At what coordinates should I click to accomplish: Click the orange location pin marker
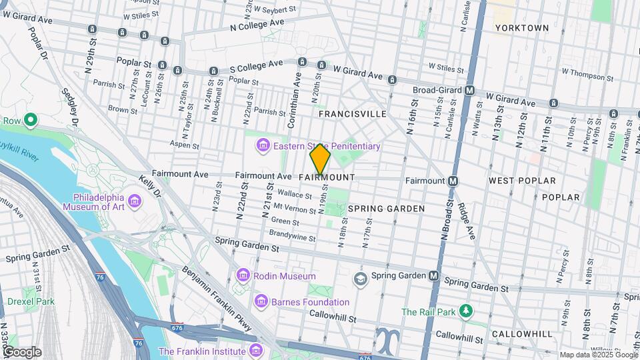click(320, 159)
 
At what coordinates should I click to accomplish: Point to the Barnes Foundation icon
click(262, 302)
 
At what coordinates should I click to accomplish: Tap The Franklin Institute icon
click(254, 351)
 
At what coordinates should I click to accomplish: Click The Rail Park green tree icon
click(467, 311)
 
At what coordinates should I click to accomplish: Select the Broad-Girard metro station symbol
click(470, 90)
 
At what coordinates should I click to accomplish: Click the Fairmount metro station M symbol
click(453, 181)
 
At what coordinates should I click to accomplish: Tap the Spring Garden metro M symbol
click(434, 276)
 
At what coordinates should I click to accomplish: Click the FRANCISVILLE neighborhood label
click(352, 114)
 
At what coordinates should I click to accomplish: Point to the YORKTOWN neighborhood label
click(522, 28)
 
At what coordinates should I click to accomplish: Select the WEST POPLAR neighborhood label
click(522, 181)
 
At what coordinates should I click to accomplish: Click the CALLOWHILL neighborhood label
click(522, 333)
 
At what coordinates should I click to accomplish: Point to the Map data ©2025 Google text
click(599, 355)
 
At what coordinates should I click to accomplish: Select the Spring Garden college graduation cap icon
click(361, 277)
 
